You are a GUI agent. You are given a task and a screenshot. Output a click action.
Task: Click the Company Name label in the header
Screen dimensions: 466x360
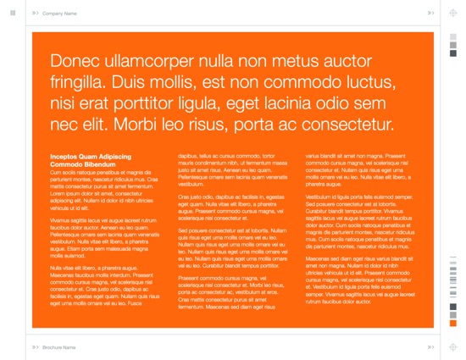[59, 14]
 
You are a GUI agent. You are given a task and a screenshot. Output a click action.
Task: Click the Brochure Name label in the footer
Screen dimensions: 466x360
[58, 346]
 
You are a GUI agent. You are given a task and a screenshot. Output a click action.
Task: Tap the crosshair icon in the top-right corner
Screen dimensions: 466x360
[452, 13]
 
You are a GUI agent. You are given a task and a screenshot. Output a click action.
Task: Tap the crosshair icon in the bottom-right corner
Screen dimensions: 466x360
[452, 346]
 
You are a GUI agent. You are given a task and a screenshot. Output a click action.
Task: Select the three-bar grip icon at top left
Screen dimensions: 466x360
[12, 13]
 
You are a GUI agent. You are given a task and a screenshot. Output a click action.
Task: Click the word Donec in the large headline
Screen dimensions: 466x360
[75, 62]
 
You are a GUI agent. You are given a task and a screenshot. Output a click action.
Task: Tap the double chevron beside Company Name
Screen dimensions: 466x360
[35, 14]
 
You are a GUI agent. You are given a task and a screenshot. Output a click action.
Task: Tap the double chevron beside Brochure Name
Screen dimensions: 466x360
[35, 346]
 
